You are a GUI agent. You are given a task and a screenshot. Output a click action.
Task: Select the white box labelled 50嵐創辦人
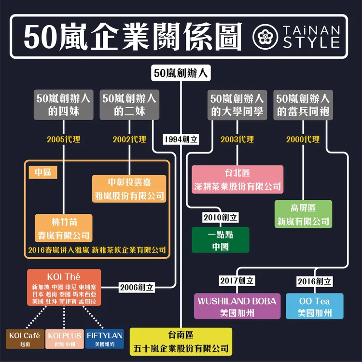(181, 74)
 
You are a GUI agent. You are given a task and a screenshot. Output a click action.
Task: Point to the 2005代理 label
(64, 139)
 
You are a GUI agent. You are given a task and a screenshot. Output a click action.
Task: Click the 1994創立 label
(181, 139)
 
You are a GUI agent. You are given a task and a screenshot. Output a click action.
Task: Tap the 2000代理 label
(303, 139)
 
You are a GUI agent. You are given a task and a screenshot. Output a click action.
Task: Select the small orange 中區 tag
(43, 172)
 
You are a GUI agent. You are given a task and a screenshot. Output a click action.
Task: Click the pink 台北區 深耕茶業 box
(237, 179)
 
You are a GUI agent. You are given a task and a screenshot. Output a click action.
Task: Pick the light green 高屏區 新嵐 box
(303, 214)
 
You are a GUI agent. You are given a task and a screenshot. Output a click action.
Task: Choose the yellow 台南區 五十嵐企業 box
(181, 341)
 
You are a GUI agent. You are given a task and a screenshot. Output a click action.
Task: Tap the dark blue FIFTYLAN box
(105, 338)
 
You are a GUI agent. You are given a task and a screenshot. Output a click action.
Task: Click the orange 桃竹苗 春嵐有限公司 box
(64, 229)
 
